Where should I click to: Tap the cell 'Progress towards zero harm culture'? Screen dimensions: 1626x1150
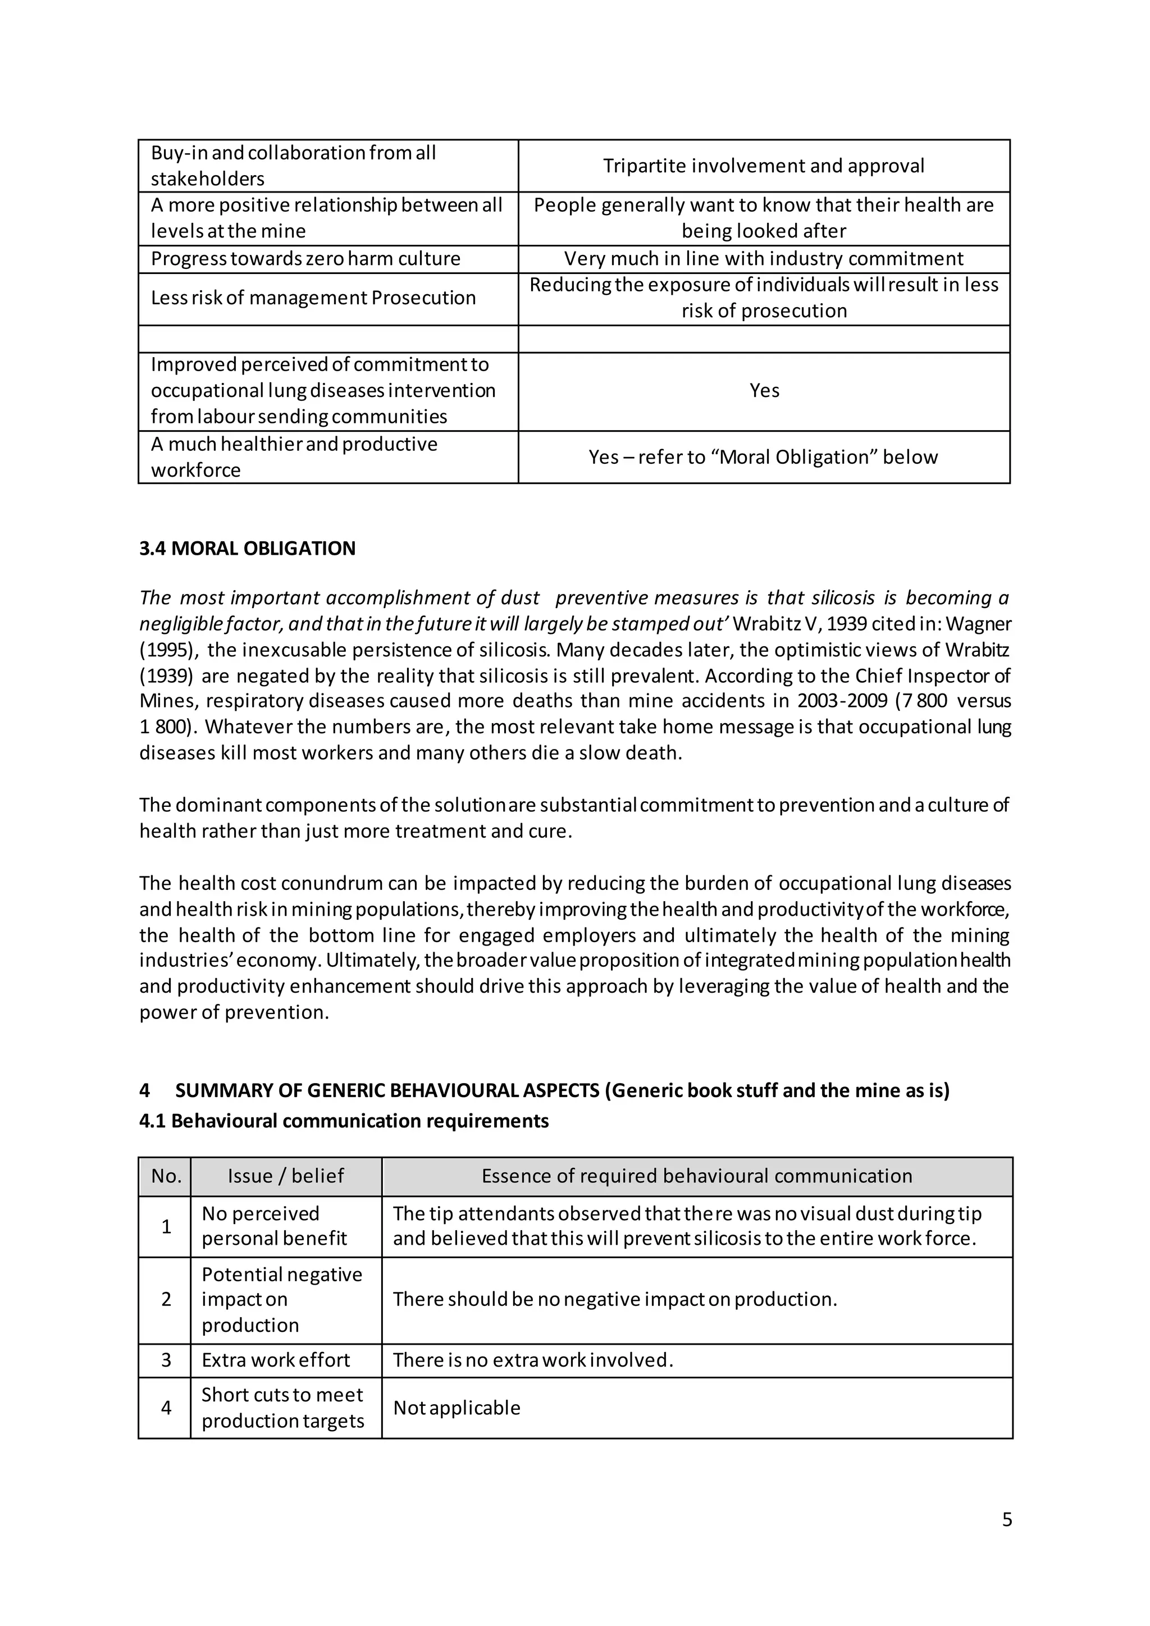click(305, 258)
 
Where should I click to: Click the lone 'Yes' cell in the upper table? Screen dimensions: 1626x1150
click(764, 391)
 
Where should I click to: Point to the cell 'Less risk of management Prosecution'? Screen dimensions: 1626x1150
click(313, 298)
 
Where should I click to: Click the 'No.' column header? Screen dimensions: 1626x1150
click(166, 1176)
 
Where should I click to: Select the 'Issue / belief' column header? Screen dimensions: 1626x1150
click(285, 1176)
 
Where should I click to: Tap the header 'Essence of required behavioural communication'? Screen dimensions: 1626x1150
click(696, 1176)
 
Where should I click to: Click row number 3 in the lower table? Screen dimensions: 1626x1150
click(166, 1360)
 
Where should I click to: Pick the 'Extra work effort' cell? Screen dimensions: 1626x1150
click(276, 1360)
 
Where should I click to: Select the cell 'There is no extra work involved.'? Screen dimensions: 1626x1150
click(532, 1360)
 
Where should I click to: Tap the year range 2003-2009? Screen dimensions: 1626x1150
click(841, 701)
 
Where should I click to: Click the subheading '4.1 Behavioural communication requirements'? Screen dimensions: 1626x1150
click(344, 1121)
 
